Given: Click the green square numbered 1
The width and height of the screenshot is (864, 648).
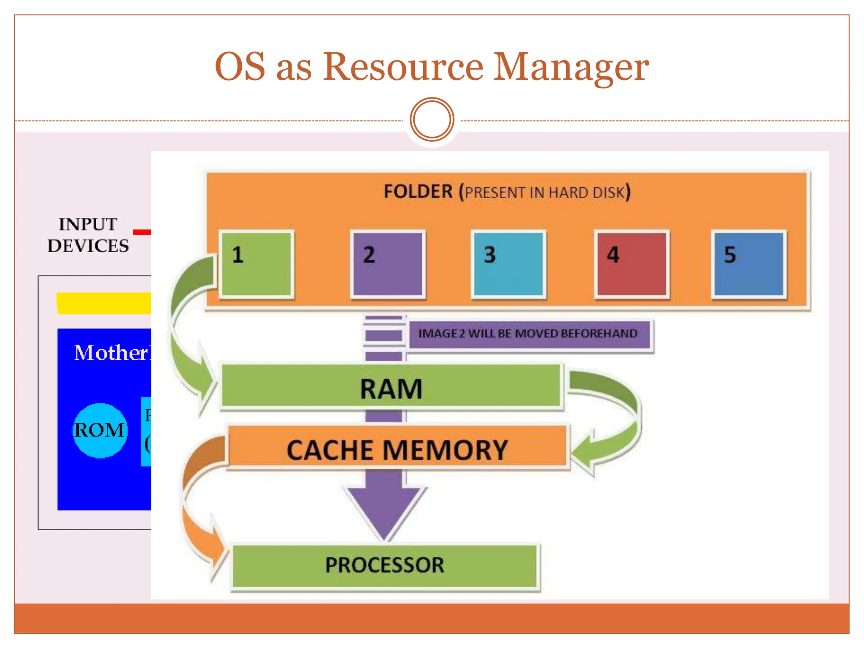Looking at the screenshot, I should coord(256,264).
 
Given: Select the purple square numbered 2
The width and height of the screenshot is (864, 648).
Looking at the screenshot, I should coord(388,264).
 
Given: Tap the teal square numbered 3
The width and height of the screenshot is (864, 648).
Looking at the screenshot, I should coord(508,264).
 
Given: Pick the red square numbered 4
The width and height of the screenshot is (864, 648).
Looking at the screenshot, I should coord(632,264).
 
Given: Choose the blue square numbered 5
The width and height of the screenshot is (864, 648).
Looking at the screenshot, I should coord(749,264).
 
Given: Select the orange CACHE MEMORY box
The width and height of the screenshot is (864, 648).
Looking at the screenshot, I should coord(397,449).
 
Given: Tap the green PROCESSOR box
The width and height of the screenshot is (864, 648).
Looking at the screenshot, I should coord(385,566).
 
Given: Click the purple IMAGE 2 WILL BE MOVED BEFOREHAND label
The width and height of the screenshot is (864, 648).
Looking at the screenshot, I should coord(528,334).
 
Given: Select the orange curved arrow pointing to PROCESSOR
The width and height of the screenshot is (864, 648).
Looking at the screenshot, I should coord(198,506).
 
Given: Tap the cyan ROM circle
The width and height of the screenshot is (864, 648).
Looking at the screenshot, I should coord(100,431).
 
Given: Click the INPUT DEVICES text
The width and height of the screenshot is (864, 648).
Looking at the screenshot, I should coord(88,235).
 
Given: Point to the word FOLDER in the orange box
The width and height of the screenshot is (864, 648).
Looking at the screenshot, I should coord(418,192).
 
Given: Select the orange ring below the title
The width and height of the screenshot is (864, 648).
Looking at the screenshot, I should coord(432,119).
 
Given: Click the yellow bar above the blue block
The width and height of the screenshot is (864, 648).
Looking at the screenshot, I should coord(104,303).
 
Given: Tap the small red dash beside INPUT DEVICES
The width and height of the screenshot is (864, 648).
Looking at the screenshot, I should coord(142,232).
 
